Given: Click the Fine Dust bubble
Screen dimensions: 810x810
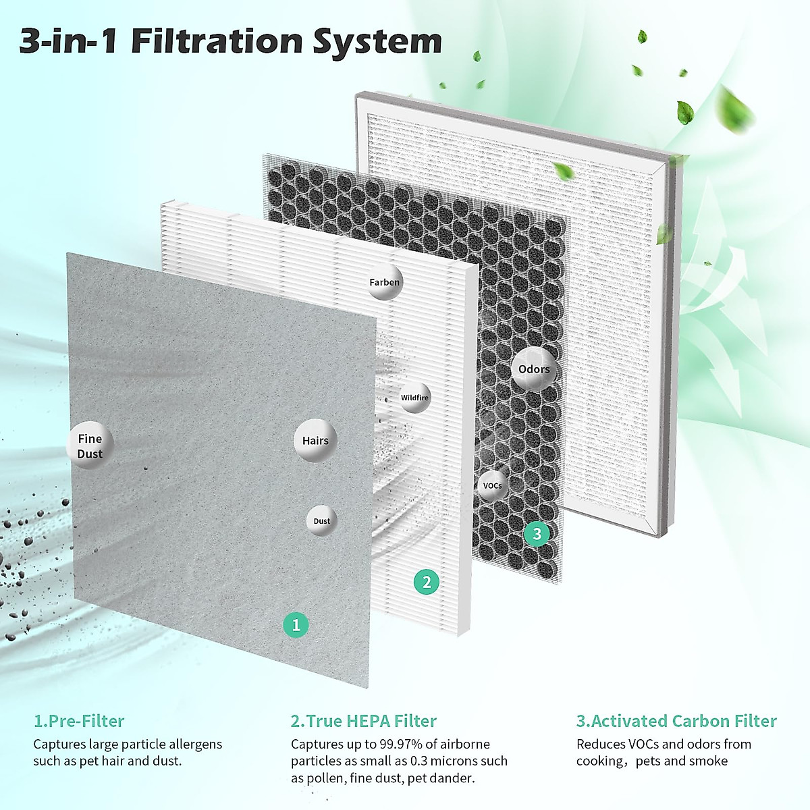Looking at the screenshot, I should click(90, 446).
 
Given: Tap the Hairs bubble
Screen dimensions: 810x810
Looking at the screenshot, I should click(315, 441).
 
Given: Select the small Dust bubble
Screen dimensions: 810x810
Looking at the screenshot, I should click(322, 521).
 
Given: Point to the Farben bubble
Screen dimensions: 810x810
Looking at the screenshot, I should click(384, 282).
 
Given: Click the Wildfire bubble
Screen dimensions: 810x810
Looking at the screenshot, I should click(414, 398).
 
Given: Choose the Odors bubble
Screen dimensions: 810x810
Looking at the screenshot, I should click(534, 369).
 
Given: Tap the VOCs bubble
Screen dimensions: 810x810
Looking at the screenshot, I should click(492, 486).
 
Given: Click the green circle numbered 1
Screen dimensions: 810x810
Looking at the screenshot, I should click(296, 625).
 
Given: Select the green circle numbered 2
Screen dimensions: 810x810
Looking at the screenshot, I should click(426, 582).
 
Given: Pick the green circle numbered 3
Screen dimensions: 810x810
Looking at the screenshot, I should click(537, 534).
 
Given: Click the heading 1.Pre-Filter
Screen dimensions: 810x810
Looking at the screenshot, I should click(79, 721).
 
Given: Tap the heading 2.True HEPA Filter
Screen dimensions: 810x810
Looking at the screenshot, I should click(364, 721).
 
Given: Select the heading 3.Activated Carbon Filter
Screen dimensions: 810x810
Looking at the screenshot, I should click(676, 721).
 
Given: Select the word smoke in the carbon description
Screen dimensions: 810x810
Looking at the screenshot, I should click(709, 761).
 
